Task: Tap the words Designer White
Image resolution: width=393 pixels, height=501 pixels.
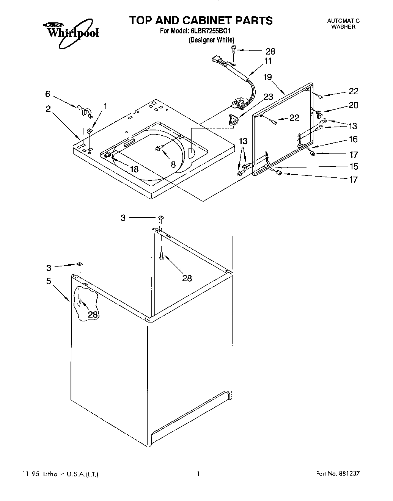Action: (x=211, y=40)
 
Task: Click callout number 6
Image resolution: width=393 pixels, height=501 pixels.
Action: (x=48, y=94)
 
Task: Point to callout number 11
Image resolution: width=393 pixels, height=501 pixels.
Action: (x=268, y=61)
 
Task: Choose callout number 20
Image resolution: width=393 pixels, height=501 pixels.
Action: (x=353, y=105)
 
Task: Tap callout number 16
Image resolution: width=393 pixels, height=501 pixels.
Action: (x=353, y=139)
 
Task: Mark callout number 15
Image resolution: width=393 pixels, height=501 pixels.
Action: (x=353, y=166)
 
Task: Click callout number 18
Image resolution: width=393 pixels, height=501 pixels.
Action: (x=134, y=169)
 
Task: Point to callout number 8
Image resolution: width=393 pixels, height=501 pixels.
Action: (x=173, y=164)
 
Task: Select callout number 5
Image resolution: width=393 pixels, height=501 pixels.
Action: (x=49, y=281)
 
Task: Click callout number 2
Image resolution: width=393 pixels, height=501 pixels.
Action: (x=48, y=109)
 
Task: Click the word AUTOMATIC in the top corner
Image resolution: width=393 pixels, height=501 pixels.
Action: (x=343, y=21)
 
